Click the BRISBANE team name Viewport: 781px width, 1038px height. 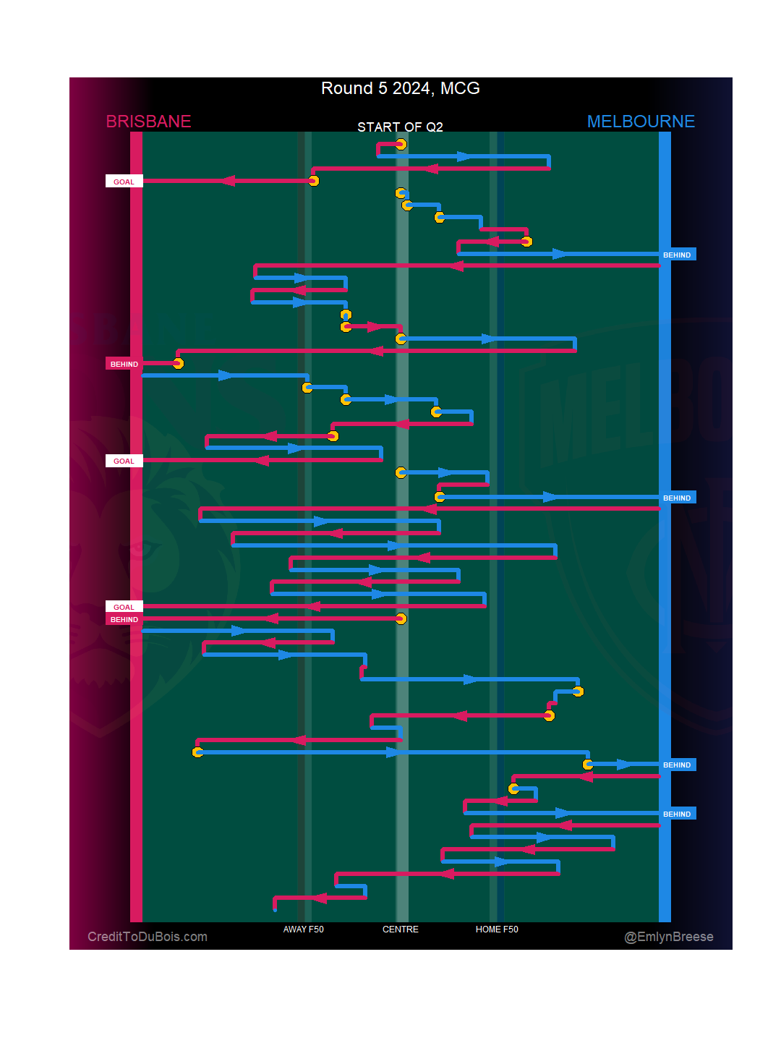148,122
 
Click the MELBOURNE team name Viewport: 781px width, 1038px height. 641,122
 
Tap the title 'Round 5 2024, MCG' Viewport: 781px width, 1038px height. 400,88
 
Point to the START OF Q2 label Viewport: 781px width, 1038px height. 400,127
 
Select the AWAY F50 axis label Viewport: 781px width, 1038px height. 303,929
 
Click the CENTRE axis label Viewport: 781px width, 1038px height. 400,929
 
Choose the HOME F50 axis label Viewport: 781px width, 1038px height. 497,929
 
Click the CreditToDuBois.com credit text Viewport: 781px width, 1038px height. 148,937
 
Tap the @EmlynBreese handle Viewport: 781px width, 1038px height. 669,937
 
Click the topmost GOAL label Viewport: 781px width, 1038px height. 124,182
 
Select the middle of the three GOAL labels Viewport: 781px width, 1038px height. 124,461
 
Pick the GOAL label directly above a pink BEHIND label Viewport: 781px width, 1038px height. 124,607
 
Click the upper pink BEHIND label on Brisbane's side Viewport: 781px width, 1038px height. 124,364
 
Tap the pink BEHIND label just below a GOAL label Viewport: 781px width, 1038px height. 124,619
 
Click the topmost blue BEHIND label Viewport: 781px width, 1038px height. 677,255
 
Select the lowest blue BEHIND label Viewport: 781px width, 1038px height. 677,814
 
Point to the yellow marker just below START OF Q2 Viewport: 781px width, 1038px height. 401,145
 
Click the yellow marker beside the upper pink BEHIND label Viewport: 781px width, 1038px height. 178,363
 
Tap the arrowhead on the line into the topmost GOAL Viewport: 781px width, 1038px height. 228,181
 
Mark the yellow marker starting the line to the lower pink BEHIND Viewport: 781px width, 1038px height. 401,618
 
